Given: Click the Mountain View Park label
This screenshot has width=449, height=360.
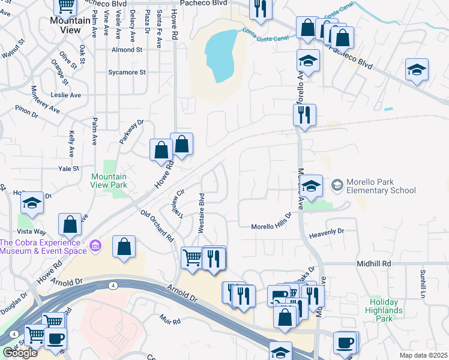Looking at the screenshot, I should click(109, 181).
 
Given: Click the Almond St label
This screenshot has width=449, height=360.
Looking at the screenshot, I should click(126, 50).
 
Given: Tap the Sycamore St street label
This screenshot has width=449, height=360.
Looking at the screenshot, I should click(127, 73).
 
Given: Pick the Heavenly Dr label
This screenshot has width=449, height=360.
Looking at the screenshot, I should click(327, 231).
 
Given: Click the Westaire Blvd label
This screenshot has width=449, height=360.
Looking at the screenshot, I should click(202, 212).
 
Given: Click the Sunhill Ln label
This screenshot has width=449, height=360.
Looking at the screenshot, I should click(423, 284).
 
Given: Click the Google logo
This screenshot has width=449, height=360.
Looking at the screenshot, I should click(20, 353).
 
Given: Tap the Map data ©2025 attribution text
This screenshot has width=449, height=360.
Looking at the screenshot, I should click(423, 355).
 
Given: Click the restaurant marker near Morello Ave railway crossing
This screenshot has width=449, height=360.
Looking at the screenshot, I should click(304, 114).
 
